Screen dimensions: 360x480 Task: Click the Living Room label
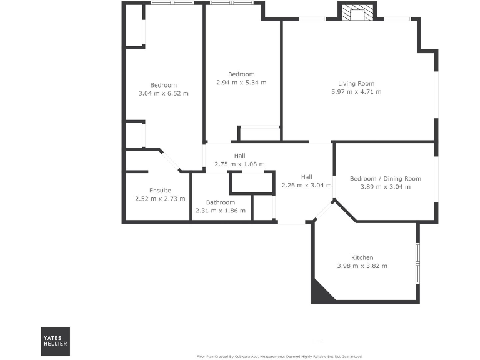click(x=356, y=84)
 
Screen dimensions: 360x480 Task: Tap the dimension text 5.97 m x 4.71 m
click(x=356, y=92)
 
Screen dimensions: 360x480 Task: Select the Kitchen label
click(x=362, y=257)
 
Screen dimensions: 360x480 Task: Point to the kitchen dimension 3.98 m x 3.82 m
click(x=362, y=266)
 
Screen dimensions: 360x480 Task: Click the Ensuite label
click(x=160, y=191)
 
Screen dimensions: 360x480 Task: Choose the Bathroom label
click(x=221, y=202)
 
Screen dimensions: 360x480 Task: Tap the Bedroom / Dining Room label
click(x=385, y=178)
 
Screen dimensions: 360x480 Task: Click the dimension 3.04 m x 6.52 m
click(x=163, y=93)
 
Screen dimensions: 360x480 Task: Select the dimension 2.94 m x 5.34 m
click(x=241, y=82)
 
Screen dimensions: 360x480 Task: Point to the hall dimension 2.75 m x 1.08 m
click(x=239, y=164)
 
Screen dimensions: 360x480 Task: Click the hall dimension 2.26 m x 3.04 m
click(x=306, y=185)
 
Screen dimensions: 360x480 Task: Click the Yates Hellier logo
click(x=56, y=341)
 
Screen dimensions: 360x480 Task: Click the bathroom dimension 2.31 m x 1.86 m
click(x=221, y=211)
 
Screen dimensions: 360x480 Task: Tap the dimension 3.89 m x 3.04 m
click(x=385, y=186)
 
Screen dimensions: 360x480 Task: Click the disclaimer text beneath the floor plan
click(x=279, y=356)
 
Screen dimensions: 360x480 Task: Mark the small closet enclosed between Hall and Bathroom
click(x=252, y=183)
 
